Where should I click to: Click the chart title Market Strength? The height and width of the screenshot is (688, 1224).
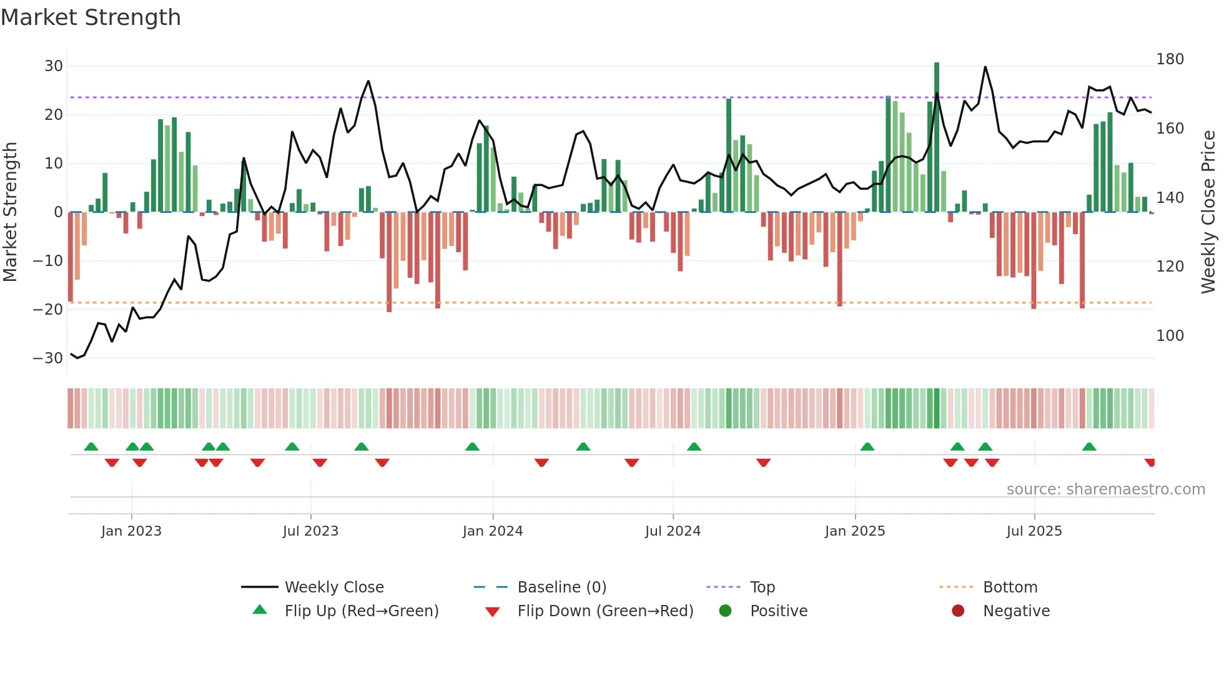tap(91, 17)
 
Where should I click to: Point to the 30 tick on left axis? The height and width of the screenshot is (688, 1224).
tap(54, 66)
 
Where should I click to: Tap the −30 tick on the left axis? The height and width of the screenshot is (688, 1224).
tap(48, 358)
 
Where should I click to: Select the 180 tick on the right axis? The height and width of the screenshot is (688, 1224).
tap(1170, 59)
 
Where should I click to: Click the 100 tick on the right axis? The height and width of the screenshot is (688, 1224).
tap(1170, 336)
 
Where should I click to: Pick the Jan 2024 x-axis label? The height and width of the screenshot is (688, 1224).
tap(493, 531)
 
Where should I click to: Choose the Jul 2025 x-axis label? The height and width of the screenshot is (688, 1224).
tap(1034, 531)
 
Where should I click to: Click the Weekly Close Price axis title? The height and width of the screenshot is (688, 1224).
tap(1209, 212)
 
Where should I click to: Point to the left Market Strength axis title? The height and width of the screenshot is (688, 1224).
tap(11, 212)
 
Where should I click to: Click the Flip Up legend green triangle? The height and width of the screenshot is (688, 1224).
tap(260, 610)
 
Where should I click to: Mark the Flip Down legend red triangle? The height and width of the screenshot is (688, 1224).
tap(492, 612)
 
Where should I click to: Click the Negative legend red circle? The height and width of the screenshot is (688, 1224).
tap(958, 611)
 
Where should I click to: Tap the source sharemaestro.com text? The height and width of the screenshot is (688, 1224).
tap(1105, 489)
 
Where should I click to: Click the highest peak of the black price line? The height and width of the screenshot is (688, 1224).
tap(985, 67)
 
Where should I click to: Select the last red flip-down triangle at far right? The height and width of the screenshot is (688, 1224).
tap(1150, 463)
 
